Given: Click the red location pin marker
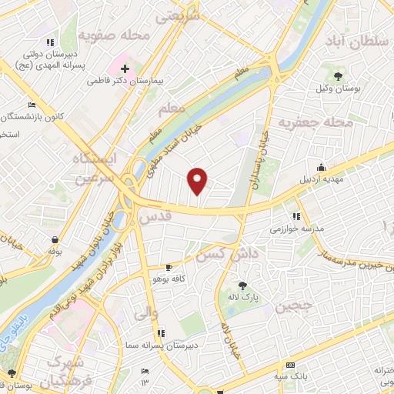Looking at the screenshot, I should click(x=199, y=180).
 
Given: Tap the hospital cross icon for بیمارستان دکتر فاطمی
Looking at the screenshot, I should click(x=125, y=68).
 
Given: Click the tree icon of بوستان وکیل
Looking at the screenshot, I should click(x=339, y=75).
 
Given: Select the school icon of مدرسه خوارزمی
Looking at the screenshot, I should click(x=296, y=216).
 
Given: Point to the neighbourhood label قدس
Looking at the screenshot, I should click(x=154, y=218).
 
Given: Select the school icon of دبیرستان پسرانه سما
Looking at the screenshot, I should click(x=161, y=332).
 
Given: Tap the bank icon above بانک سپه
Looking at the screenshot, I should click(x=289, y=365).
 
